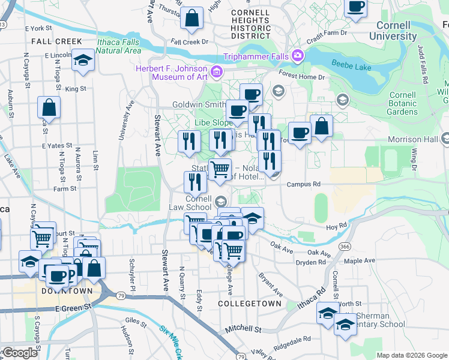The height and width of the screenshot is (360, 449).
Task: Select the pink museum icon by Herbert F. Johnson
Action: (x=217, y=73)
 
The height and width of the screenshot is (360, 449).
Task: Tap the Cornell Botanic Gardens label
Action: (x=402, y=103)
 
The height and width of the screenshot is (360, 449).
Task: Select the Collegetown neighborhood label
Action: (x=249, y=304)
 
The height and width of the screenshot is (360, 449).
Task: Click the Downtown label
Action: (x=67, y=291)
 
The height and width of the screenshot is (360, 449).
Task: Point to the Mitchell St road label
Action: (x=243, y=329)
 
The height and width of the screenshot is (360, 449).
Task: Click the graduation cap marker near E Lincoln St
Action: (x=82, y=61)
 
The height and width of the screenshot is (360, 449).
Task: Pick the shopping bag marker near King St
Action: (x=49, y=108)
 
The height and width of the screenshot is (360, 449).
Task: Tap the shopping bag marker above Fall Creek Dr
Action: (x=192, y=19)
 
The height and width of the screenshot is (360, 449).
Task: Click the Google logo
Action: (x=20, y=353)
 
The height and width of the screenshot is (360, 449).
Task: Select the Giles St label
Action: (x=136, y=322)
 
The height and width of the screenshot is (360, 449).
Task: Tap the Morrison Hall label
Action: (x=414, y=139)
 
